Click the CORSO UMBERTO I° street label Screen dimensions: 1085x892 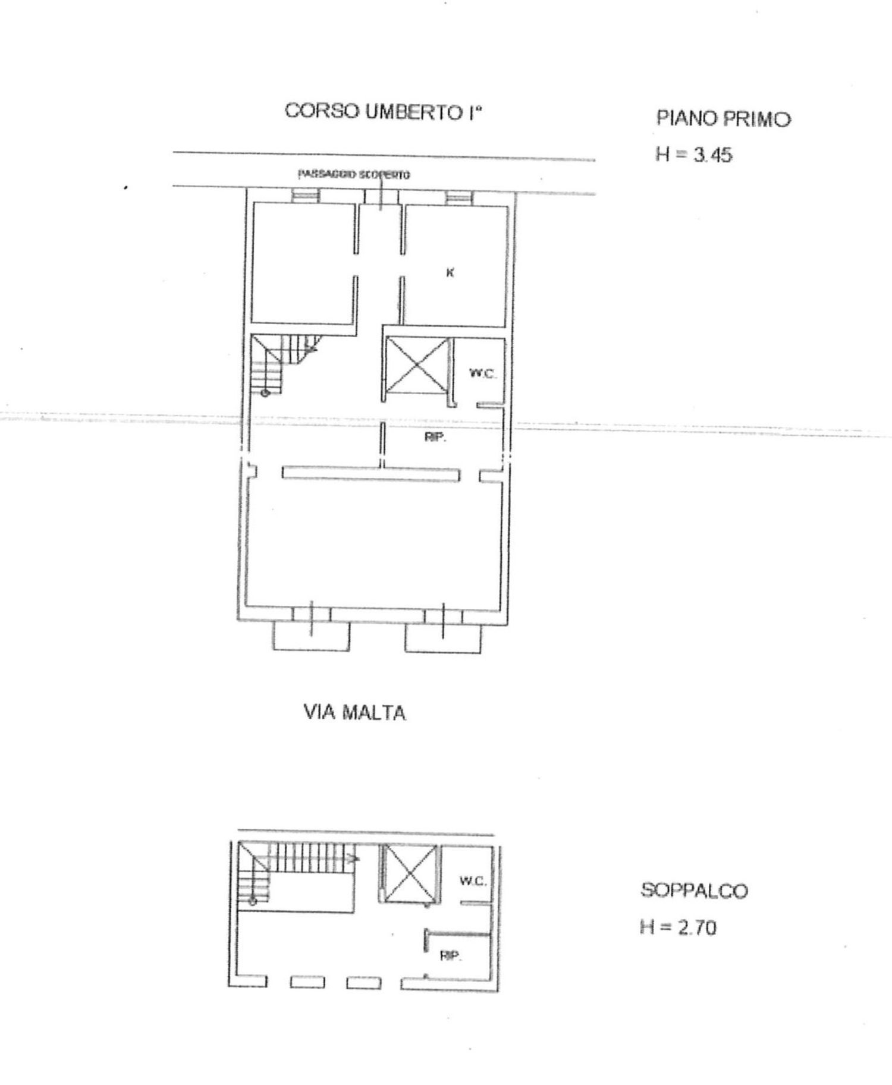pos(382,112)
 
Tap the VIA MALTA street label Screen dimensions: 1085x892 pos(355,712)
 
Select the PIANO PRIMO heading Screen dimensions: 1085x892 pos(723,118)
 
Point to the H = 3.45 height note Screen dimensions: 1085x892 pos(693,155)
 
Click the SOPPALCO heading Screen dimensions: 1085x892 pos(694,891)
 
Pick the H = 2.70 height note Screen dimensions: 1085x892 pos(678,927)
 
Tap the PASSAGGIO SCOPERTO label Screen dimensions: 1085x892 pos(354,175)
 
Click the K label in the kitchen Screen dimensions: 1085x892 pos(450,272)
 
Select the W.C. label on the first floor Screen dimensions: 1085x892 pos(482,374)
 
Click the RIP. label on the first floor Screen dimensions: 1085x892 pos(435,438)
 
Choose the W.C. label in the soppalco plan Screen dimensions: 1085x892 pos(473,881)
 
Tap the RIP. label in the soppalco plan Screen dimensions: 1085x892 pos(451,956)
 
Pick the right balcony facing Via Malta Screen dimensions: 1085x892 pos(443,637)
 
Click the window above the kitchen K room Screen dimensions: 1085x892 pos(458,197)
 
